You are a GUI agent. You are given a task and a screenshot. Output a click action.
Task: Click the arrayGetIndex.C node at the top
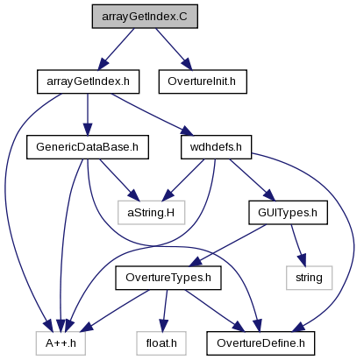click(145, 17)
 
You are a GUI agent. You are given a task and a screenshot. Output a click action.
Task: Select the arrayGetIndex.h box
click(88, 81)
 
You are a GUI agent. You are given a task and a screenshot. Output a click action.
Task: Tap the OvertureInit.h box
click(203, 81)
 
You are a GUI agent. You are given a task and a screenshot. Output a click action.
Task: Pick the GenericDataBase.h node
click(88, 147)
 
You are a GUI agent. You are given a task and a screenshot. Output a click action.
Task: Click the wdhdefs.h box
click(216, 147)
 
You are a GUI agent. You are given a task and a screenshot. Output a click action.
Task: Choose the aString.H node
click(151, 213)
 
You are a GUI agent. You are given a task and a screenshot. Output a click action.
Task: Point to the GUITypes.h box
click(288, 213)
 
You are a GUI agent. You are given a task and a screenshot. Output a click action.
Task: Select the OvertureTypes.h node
click(168, 278)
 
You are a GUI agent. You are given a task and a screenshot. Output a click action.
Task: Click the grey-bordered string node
click(309, 278)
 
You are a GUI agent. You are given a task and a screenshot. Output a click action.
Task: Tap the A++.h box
click(61, 343)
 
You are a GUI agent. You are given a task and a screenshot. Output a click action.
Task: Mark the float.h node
click(161, 343)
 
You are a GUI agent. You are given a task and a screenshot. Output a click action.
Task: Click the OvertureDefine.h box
click(261, 343)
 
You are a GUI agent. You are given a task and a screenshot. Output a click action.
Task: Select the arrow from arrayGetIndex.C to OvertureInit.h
click(174, 49)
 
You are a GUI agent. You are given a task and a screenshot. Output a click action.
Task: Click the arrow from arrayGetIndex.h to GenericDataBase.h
click(88, 115)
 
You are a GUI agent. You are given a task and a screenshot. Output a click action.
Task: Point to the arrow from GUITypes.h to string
click(298, 245)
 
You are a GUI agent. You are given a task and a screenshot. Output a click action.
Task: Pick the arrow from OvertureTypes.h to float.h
click(165, 310)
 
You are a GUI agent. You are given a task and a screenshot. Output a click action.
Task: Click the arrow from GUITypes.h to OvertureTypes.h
click(228, 245)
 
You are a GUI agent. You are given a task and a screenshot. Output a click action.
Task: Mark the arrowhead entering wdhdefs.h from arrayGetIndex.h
click(187, 131)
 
